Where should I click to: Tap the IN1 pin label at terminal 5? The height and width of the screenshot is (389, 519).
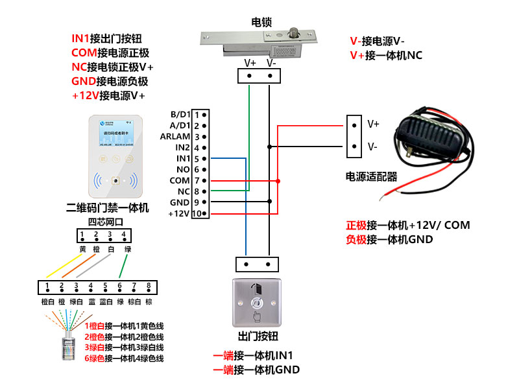click(183, 158)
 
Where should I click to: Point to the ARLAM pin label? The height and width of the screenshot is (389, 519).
click(175, 136)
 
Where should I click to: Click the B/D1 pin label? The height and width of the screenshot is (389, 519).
click(180, 114)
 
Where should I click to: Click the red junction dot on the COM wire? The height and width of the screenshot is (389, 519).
click(278, 181)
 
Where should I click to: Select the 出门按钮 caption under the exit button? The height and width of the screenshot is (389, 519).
click(258, 336)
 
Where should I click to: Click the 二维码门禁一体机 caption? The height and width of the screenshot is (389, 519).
click(108, 208)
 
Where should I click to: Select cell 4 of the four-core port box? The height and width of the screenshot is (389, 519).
click(123, 235)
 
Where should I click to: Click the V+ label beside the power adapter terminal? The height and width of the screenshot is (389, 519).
click(373, 123)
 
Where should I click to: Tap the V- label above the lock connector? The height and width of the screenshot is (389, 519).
click(271, 63)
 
